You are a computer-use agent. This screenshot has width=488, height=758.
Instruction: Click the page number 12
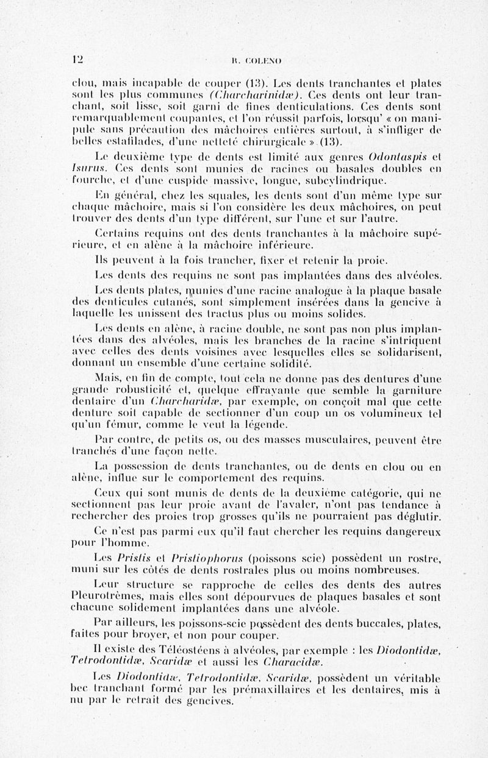tap(77, 60)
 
